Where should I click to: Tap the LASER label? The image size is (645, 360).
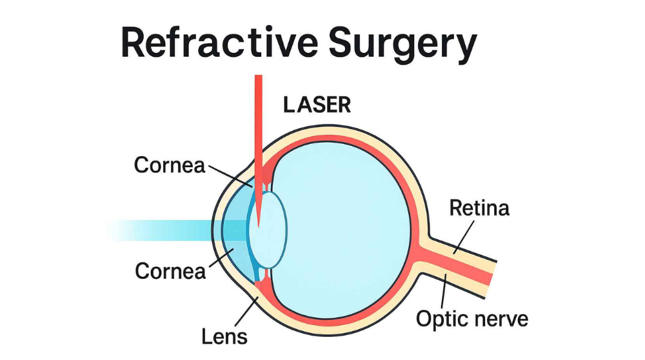(x=317, y=105)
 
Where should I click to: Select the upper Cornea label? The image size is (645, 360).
(x=169, y=166)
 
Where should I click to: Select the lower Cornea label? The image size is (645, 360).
(x=170, y=271)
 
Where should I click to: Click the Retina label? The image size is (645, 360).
(x=479, y=208)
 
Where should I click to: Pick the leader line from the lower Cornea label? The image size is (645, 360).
(x=219, y=258)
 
